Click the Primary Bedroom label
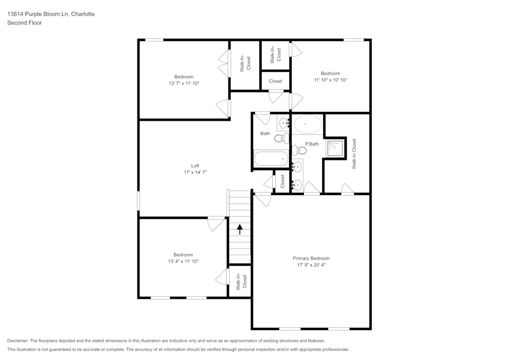click(x=311, y=258)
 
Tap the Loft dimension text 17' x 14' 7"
click(x=195, y=173)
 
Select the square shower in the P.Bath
click(x=335, y=147)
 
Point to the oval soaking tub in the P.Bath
click(x=307, y=124)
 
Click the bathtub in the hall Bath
click(x=271, y=159)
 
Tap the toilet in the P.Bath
click(x=300, y=150)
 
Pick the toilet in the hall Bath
click(x=280, y=138)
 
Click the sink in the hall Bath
click(x=284, y=122)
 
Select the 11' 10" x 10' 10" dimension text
click(x=330, y=80)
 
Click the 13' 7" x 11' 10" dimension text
click(x=184, y=83)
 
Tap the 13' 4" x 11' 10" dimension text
click(x=183, y=261)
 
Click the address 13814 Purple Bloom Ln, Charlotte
click(x=50, y=14)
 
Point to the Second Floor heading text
click(x=24, y=23)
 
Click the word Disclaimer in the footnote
click(x=18, y=340)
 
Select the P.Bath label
click(x=312, y=144)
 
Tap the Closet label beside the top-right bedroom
click(x=275, y=81)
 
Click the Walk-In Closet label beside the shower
click(x=354, y=154)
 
